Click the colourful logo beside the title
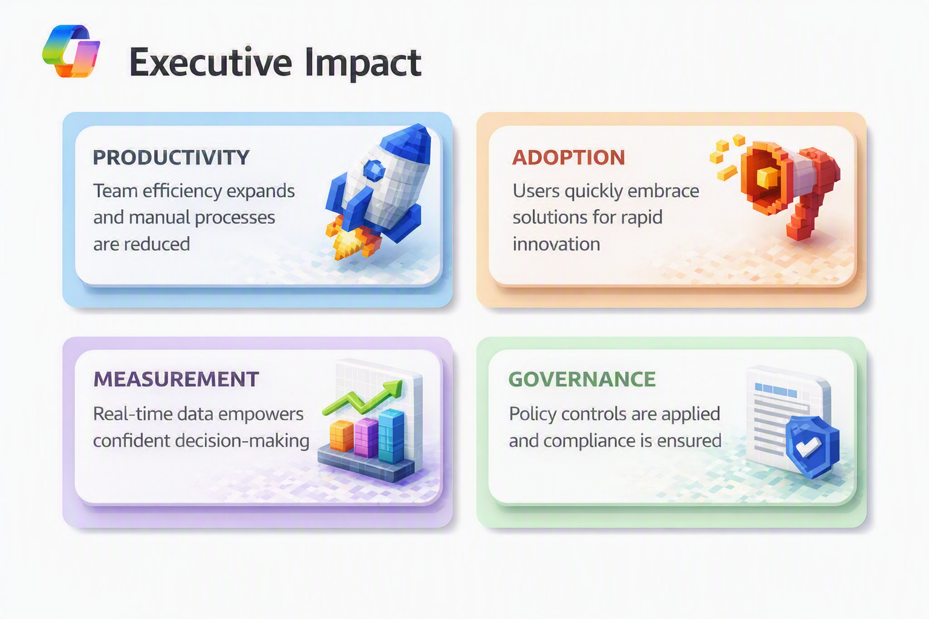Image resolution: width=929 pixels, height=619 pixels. pyautogui.click(x=71, y=51)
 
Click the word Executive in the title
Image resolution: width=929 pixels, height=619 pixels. pyautogui.click(x=210, y=63)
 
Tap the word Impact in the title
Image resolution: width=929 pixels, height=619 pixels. pyautogui.click(x=363, y=63)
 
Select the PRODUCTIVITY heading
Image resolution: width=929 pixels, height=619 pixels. pyautogui.click(x=171, y=158)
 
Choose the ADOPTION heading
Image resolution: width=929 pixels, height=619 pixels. pyautogui.click(x=568, y=158)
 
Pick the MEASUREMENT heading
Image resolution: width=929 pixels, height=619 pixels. pyautogui.click(x=176, y=380)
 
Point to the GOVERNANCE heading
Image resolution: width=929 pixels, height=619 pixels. pyautogui.click(x=582, y=380)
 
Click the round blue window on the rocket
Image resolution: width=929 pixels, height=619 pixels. pyautogui.click(x=374, y=170)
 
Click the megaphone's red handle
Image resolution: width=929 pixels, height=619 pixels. pyautogui.click(x=803, y=218)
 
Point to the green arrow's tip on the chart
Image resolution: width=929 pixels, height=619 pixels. pyautogui.click(x=400, y=381)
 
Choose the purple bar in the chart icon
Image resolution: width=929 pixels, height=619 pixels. pyautogui.click(x=366, y=438)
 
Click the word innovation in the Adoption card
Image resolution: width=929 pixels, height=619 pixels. pyautogui.click(x=556, y=244)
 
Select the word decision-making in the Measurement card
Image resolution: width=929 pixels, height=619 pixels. pyautogui.click(x=242, y=441)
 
